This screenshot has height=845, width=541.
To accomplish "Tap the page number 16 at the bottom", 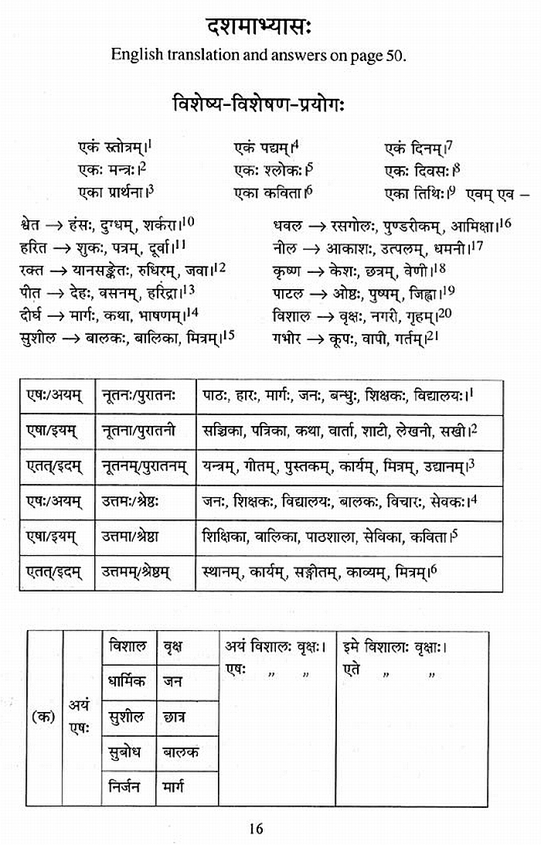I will click(257, 829).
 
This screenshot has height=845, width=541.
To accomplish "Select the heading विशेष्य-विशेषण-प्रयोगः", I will click(269, 104).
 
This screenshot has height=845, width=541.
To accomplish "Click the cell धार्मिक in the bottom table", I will click(128, 682).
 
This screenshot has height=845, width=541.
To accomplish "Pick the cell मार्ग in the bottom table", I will click(179, 787).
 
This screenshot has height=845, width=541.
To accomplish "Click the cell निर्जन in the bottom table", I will click(128, 787).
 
